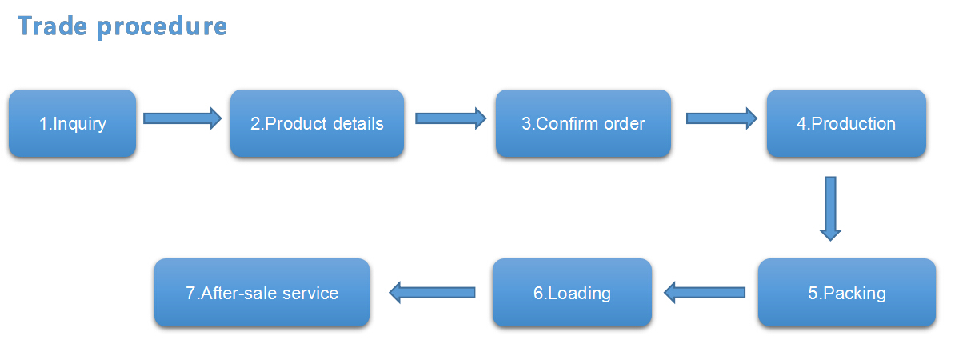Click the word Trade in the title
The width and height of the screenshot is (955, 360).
(52, 26)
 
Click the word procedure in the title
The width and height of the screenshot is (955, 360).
(162, 27)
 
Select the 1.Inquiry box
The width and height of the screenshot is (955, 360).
(73, 124)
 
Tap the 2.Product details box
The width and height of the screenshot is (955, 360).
(317, 124)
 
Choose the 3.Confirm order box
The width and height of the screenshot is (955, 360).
(583, 124)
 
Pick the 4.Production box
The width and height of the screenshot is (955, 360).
(846, 124)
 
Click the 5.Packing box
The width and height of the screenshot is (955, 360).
(846, 293)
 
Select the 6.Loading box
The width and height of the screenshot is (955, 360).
(572, 293)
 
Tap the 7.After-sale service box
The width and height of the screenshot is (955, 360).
(262, 293)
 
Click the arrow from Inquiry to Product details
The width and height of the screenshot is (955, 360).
(182, 118)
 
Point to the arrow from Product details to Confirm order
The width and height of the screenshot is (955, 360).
(450, 118)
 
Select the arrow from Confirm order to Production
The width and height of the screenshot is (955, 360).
(721, 118)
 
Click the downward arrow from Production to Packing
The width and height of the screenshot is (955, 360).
(830, 209)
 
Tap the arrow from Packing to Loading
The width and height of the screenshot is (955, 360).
(705, 292)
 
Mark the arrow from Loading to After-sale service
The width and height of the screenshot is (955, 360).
(432, 292)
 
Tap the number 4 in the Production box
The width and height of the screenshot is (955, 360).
(801, 124)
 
